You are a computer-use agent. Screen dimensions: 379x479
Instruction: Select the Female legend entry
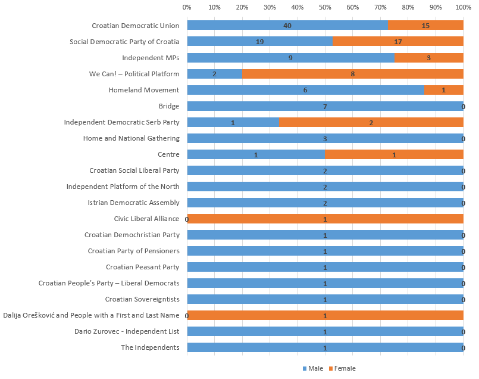point(345,368)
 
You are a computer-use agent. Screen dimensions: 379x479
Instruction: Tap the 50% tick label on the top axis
point(325,7)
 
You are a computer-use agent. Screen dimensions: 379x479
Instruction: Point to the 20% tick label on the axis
point(242,7)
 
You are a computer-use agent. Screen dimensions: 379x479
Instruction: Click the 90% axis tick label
point(436,7)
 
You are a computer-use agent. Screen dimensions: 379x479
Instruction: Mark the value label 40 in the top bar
point(287,26)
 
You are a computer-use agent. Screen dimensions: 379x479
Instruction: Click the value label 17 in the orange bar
point(397,42)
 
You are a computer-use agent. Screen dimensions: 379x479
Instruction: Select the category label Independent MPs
point(151,58)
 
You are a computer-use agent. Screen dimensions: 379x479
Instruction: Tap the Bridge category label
point(168,106)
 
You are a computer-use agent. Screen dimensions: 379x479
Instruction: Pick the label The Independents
point(150,347)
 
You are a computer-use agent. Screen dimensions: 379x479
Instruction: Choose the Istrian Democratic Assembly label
point(133,203)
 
